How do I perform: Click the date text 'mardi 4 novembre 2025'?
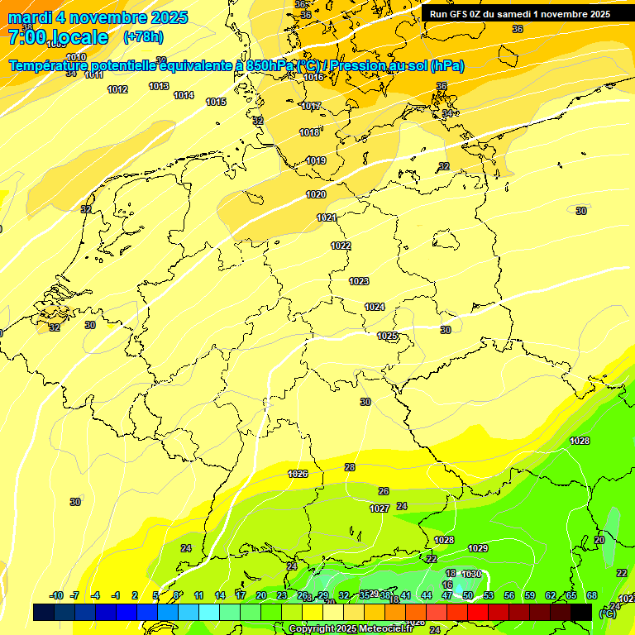pos(98,17)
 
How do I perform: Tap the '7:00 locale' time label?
pos(58,37)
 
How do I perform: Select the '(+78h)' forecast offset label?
pos(143,37)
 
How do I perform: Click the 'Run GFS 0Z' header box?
pos(520,13)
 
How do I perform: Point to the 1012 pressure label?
pos(117,89)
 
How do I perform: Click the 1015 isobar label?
pos(216,102)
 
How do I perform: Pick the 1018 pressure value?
pos(309,132)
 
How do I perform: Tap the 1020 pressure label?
pos(316,194)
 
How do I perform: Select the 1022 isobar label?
pos(341,246)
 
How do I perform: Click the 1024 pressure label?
pos(375,307)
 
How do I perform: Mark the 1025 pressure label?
pos(387,336)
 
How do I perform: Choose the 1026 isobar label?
pos(298,474)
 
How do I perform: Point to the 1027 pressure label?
pos(380,508)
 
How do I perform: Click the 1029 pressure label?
pos(478,548)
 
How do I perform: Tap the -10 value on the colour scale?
pos(56,595)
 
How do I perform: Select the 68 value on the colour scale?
pos(592,595)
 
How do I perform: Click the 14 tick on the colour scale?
pos(220,595)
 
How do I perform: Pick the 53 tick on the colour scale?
pos(489,595)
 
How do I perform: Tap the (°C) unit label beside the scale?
pos(608,613)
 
